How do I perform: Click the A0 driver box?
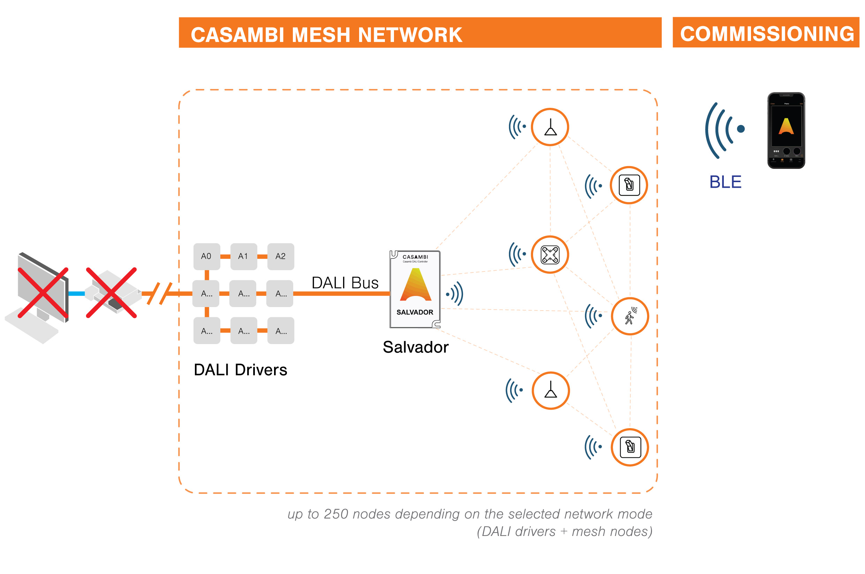point(207,256)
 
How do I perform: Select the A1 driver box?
point(244,256)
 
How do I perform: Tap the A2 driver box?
point(281,256)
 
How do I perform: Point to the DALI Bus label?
point(344,283)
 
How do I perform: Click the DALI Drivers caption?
point(240,370)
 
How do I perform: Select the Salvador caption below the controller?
point(416,347)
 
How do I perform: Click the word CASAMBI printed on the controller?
point(415,257)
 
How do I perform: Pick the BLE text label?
point(725,182)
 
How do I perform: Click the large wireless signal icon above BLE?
point(724,130)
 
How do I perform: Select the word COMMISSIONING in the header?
point(767,34)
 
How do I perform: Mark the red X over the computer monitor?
point(43,293)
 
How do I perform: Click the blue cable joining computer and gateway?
point(76,293)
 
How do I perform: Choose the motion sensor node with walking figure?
point(629,316)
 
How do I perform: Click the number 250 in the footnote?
point(335,514)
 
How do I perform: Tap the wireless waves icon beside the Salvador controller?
point(455,293)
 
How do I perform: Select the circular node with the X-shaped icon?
point(550,255)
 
